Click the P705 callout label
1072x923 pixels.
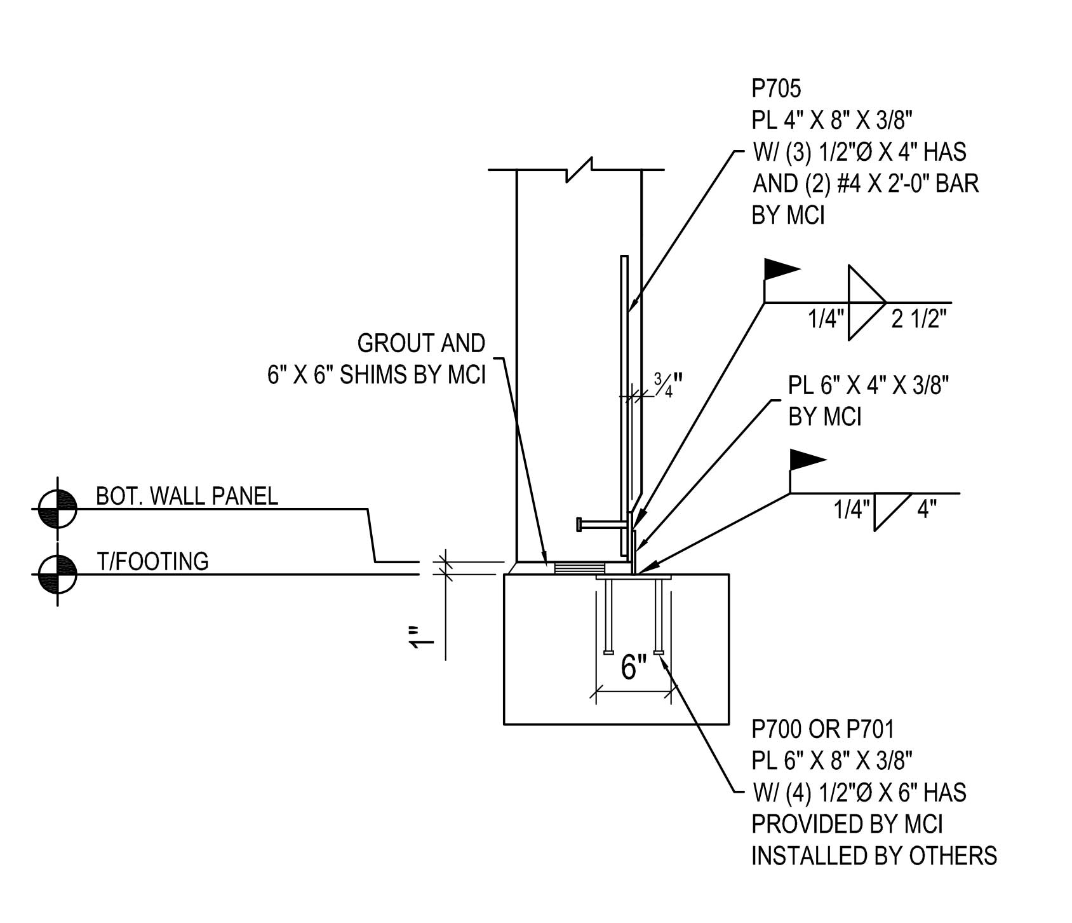pyautogui.click(x=776, y=89)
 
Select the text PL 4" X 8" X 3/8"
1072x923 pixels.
pyautogui.click(x=832, y=121)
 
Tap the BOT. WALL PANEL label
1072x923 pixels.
pyautogui.click(x=187, y=496)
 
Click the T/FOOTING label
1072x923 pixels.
pyautogui.click(x=152, y=561)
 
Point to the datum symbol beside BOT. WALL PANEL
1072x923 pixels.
pyautogui.click(x=58, y=509)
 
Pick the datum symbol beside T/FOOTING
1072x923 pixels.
pyautogui.click(x=58, y=574)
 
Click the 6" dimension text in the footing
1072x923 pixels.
pyautogui.click(x=633, y=667)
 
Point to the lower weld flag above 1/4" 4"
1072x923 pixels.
pyautogui.click(x=807, y=459)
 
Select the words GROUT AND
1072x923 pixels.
pyautogui.click(x=421, y=344)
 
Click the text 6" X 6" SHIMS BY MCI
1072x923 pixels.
pyautogui.click(x=376, y=375)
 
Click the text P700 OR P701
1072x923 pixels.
pyautogui.click(x=822, y=729)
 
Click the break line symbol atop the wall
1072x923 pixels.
pyautogui.click(x=579, y=169)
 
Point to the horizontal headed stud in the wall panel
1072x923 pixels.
pyautogui.click(x=600, y=524)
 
